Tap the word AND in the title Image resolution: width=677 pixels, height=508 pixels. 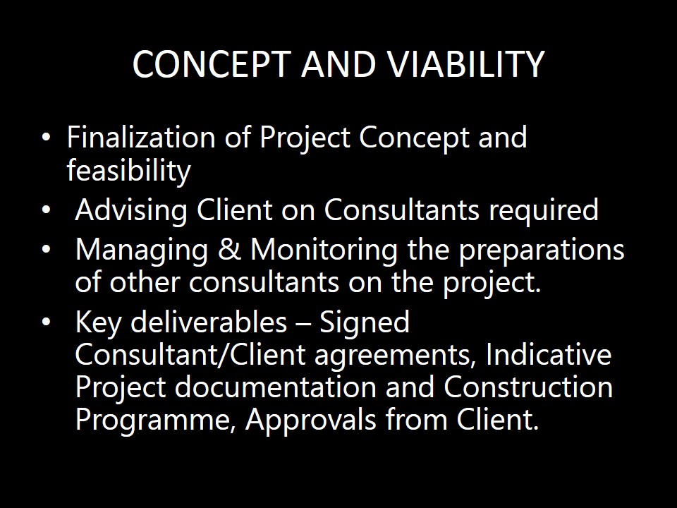click(x=338, y=64)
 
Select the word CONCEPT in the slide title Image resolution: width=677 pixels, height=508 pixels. click(x=210, y=64)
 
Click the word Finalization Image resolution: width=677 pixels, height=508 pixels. click(x=141, y=138)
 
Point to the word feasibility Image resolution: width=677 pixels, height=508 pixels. click(x=128, y=171)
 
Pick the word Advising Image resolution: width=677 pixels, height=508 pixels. click(x=131, y=211)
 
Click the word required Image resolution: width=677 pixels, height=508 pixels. click(x=544, y=210)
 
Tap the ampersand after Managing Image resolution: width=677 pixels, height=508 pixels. click(x=228, y=250)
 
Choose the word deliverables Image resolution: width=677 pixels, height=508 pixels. click(x=209, y=322)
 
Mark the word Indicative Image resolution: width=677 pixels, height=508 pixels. click(x=549, y=354)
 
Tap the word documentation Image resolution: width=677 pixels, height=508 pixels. click(x=276, y=387)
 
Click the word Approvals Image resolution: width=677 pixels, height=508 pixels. click(x=311, y=421)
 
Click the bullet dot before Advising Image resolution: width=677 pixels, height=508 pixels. click(x=47, y=210)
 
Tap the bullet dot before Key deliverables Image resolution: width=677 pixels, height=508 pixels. click(x=47, y=322)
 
